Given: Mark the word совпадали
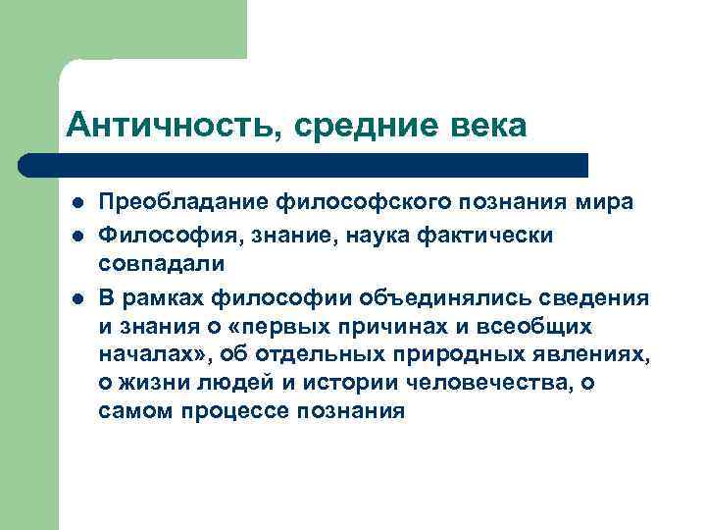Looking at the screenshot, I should (x=161, y=263).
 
